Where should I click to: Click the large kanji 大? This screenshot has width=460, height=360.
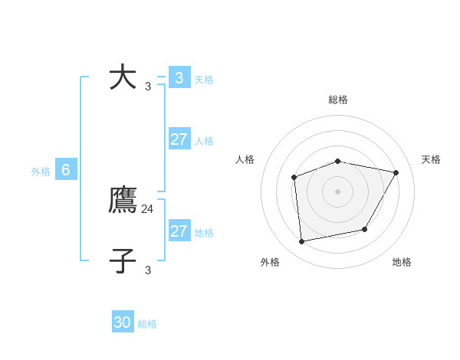pyautogui.click(x=123, y=77)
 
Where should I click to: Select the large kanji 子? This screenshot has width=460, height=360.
pyautogui.click(x=123, y=260)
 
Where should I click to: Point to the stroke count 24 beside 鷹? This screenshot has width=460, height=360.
pyautogui.click(x=148, y=208)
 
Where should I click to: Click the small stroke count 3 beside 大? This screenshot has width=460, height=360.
pyautogui.click(x=148, y=86)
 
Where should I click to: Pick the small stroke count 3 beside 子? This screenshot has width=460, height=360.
pyautogui.click(x=148, y=270)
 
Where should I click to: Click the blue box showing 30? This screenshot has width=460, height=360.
pyautogui.click(x=123, y=322)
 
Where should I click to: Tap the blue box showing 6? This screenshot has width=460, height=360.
pyautogui.click(x=66, y=170)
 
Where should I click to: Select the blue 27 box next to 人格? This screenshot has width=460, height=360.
pyautogui.click(x=179, y=139)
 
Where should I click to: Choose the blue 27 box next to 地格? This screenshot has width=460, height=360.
pyautogui.click(x=179, y=231)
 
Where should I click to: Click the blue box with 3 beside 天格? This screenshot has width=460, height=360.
pyautogui.click(x=179, y=77)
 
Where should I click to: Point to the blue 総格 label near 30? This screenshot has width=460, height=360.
pyautogui.click(x=147, y=324)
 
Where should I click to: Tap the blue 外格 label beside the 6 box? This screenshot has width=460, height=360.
pyautogui.click(x=41, y=172)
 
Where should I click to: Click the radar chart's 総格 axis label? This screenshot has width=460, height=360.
pyautogui.click(x=338, y=100)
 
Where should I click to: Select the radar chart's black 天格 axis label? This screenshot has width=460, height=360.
pyautogui.click(x=431, y=159)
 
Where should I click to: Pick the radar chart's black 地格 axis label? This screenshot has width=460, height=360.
pyautogui.click(x=402, y=262)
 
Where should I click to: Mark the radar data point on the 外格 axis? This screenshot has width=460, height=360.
pyautogui.click(x=302, y=242)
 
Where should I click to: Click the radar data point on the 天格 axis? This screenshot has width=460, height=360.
pyautogui.click(x=396, y=172)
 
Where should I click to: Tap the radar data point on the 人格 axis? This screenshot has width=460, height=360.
pyautogui.click(x=294, y=178)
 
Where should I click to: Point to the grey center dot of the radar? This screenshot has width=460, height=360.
pyautogui.click(x=337, y=191)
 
